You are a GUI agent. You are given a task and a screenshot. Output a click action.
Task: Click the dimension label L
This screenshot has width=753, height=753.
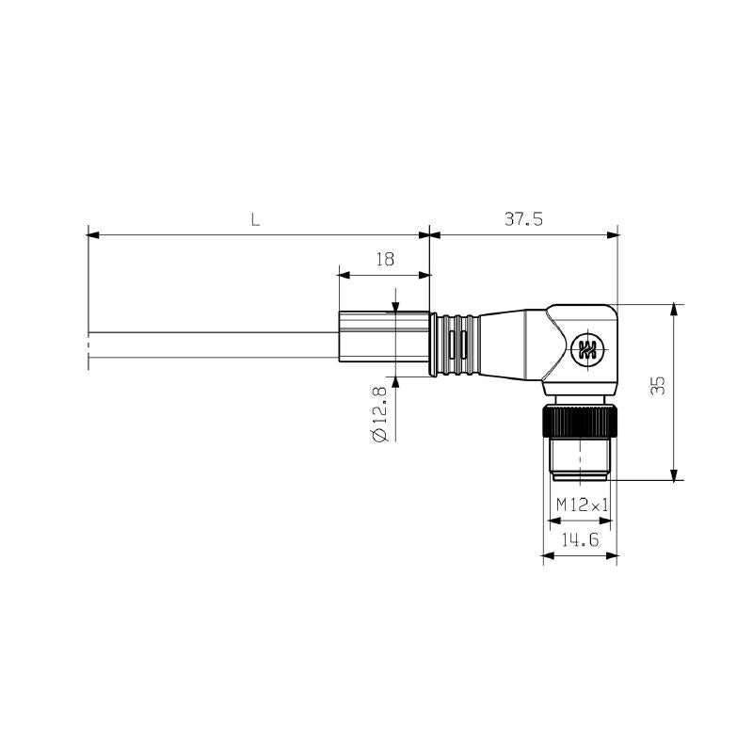coord(254,220)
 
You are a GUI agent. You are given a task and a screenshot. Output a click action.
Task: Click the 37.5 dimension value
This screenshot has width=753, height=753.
coord(523,219)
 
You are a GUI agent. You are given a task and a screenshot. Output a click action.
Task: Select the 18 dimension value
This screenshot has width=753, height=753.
coord(384,260)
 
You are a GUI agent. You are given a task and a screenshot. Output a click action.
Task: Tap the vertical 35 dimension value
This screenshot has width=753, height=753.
coord(658,384)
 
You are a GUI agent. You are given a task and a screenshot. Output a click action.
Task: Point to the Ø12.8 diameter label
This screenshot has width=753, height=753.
coord(379,415)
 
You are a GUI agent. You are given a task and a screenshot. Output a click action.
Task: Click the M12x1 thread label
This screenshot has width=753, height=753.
coord(581,505)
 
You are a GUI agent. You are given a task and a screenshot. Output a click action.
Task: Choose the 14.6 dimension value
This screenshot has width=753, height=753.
coord(580,540)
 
